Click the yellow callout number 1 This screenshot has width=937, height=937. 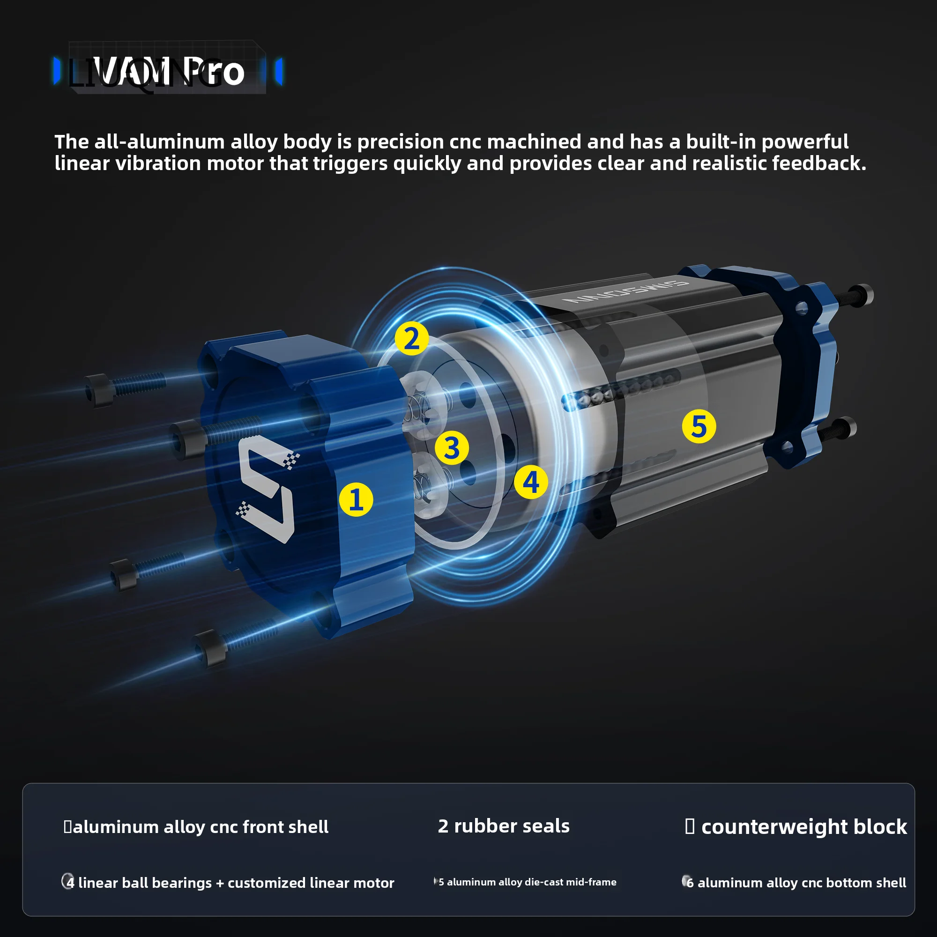(356, 499)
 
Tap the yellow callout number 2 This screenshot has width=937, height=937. (411, 338)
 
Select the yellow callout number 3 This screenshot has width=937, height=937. (452, 447)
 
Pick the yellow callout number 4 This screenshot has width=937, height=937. (531, 482)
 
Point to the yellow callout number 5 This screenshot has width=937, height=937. (699, 426)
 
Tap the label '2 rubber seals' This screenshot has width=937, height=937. (504, 826)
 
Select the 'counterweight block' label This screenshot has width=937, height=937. (803, 827)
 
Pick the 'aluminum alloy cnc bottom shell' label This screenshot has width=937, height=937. (801, 883)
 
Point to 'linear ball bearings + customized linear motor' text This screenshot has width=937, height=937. (236, 883)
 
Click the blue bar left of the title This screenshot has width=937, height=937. (57, 71)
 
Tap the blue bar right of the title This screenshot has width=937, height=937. (279, 71)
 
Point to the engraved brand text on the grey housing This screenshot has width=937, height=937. (625, 291)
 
